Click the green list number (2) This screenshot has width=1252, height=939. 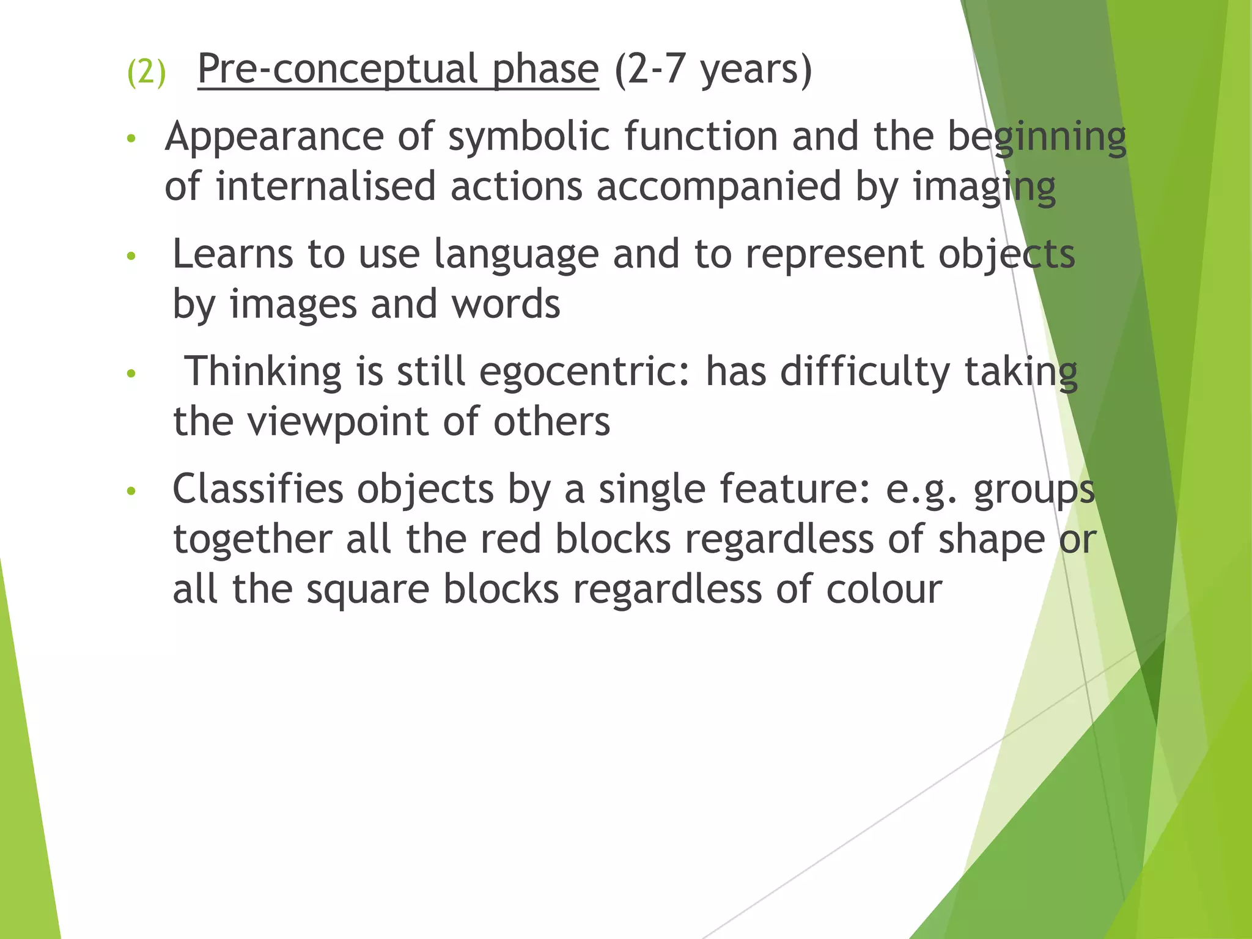146,72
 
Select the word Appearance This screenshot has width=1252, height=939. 274,137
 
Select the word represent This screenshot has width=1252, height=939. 834,255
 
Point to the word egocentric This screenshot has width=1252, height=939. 584,372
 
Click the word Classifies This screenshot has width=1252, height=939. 257,489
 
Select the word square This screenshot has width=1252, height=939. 367,591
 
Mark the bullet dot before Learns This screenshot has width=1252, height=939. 130,256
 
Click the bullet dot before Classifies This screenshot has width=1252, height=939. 130,491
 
